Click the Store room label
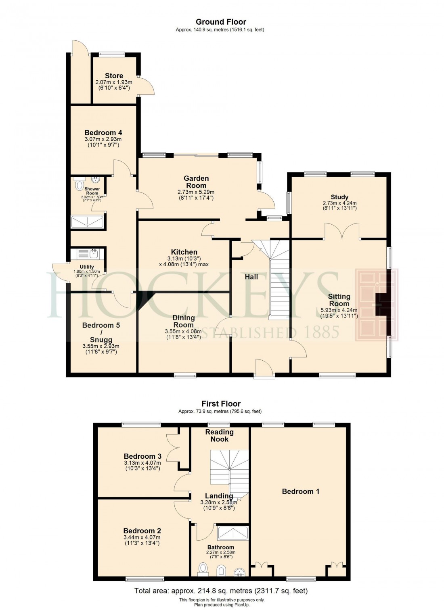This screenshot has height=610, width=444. [114, 76]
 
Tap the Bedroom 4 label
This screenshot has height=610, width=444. [103, 133]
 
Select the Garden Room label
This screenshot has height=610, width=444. [196, 182]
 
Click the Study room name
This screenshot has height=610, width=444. [339, 197]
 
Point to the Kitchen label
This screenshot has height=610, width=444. [184, 252]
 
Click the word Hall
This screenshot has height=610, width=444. [251, 277]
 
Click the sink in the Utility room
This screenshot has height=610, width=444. [94, 253]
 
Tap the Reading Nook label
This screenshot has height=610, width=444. [220, 436]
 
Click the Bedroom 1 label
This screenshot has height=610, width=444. [301, 491]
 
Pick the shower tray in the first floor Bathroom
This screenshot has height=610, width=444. [233, 533]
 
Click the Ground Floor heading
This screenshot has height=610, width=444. [221, 22]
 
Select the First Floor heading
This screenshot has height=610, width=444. [221, 404]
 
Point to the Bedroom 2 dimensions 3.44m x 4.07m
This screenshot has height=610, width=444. [142, 537]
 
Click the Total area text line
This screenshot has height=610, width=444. [221, 591]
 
